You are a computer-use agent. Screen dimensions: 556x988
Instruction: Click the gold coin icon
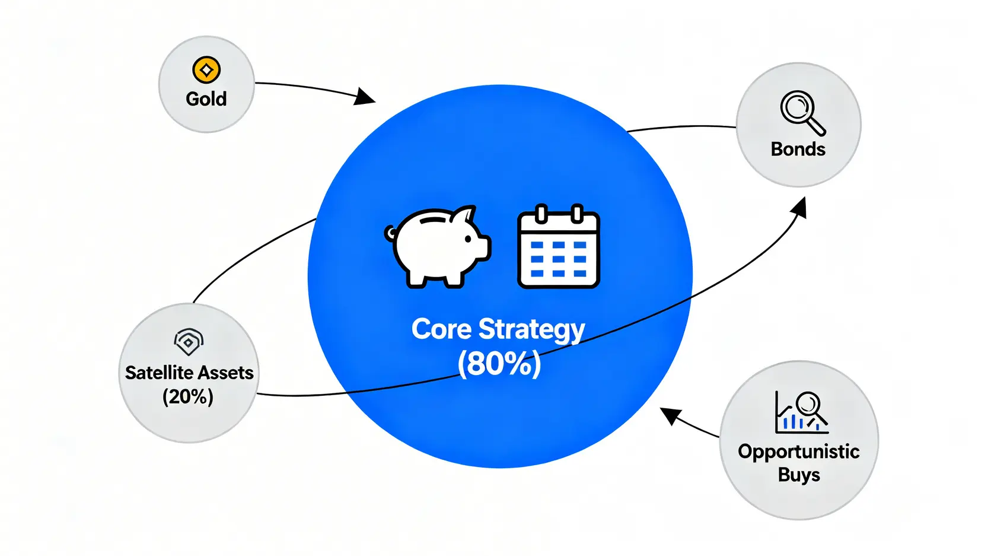click(x=206, y=70)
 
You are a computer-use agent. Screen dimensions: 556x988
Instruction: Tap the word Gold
click(x=206, y=99)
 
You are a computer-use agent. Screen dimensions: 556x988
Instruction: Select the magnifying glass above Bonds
click(x=801, y=112)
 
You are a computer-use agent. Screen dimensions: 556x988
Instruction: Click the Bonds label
click(x=798, y=149)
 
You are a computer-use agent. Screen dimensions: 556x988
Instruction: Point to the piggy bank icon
click(x=439, y=246)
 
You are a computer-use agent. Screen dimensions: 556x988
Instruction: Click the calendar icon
click(x=558, y=247)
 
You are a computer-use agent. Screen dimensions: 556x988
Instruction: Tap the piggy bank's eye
click(x=468, y=239)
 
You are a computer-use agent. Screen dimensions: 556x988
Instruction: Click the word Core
click(x=441, y=329)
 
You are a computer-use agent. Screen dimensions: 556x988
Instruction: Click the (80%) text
click(x=499, y=364)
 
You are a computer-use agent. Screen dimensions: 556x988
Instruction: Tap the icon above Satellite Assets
click(x=189, y=341)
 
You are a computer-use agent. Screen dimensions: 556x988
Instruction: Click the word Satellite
click(x=160, y=373)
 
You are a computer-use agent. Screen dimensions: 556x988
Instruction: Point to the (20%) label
click(x=188, y=396)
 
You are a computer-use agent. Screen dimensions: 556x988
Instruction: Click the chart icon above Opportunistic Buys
click(x=801, y=412)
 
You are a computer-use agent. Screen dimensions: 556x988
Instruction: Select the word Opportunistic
click(x=798, y=452)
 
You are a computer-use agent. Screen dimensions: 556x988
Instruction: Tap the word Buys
click(x=799, y=475)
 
